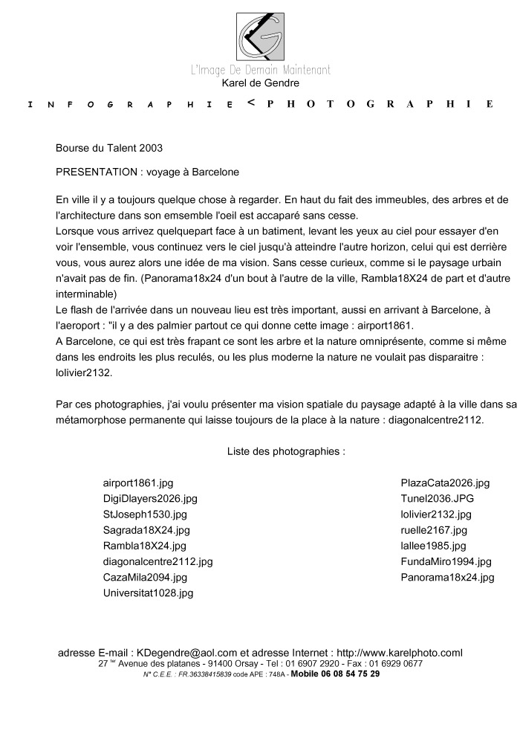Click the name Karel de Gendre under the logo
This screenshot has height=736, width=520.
click(260, 83)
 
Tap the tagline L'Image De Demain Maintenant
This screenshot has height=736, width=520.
click(260, 70)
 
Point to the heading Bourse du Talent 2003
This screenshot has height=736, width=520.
click(108, 148)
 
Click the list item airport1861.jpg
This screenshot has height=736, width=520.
click(138, 482)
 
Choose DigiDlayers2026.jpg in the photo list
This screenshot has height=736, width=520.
click(150, 498)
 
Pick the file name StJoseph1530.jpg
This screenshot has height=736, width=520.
click(145, 514)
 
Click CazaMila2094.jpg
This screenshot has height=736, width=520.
click(145, 577)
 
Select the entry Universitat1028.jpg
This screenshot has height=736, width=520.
click(148, 593)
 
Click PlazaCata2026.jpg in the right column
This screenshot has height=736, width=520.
click(446, 482)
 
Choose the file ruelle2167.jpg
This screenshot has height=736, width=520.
click(434, 530)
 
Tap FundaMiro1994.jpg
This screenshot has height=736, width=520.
click(446, 561)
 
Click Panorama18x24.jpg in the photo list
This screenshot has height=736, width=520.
click(447, 577)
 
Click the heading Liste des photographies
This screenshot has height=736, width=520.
click(285, 451)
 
